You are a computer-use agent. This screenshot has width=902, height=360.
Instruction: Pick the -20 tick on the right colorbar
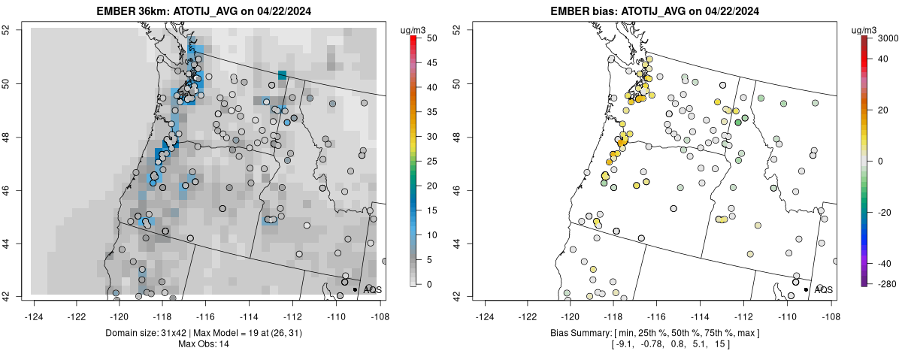coord(884,212)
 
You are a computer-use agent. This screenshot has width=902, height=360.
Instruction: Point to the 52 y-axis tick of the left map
coord(15,29)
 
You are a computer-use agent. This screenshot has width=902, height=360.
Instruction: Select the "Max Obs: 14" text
coord(203,343)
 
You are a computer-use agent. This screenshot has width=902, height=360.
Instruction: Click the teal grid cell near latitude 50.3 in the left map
coord(282,74)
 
